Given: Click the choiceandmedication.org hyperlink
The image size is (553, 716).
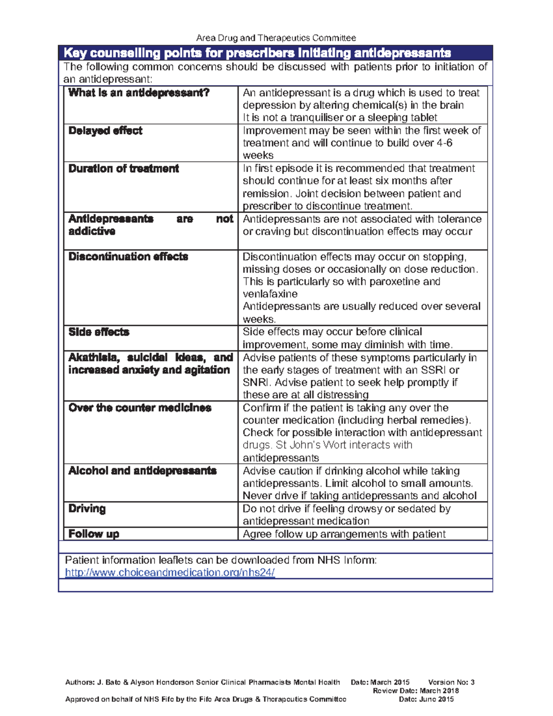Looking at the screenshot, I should pos(170,573).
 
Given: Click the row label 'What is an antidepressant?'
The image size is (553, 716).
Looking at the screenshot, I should pos(139,93).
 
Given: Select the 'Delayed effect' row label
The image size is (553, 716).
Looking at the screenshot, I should pos(105,131).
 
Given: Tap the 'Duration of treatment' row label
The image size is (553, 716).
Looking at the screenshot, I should pos(123,169).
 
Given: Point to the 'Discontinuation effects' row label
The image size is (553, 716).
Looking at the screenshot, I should pos(128,257).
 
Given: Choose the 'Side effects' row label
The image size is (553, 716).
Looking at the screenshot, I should pos(99,332).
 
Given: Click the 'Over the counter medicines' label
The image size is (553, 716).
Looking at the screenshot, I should pos(140,408).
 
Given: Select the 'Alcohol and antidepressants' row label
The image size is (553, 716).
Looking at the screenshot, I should pos(142,471).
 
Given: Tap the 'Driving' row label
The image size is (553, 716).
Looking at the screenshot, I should pos(87,509).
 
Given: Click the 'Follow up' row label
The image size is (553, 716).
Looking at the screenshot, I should pos(94,534).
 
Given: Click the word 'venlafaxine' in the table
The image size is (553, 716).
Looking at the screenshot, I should pos(270,294).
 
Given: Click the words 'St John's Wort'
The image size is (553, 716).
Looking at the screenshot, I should pos(304,445).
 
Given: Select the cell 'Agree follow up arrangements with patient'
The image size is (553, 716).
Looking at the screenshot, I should pos(344,534).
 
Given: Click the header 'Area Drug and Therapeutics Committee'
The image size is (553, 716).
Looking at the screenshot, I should pos(276,38).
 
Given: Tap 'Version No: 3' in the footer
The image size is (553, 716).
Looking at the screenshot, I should pos(451,682).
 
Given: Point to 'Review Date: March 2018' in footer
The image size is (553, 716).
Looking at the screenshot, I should pos(415,691).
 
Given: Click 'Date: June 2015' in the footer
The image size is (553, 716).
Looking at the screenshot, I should pos(426,699).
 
